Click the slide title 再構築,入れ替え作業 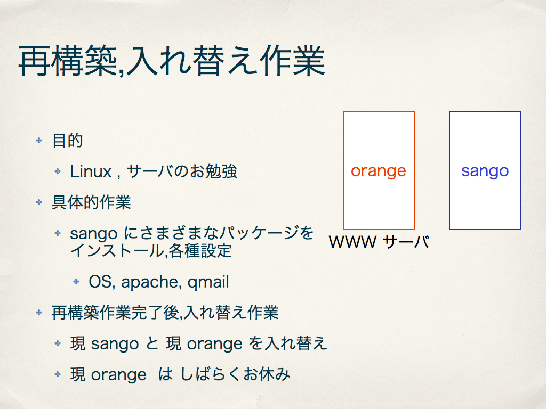point(172,61)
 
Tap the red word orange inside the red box point(379,171)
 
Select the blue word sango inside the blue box point(485,171)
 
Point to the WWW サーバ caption point(379,242)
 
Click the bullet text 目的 point(68,141)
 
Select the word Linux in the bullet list point(91,171)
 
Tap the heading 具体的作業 point(91,202)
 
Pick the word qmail point(208,282)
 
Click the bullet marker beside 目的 point(39,140)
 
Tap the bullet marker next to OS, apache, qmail point(76,281)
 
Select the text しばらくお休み point(235,374)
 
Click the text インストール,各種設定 point(151,250)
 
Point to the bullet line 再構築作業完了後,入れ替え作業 point(165,312)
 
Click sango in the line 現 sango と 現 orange point(115,345)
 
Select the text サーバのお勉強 point(182,171)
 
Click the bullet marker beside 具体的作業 point(39,202)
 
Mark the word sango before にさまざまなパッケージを point(94,234)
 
